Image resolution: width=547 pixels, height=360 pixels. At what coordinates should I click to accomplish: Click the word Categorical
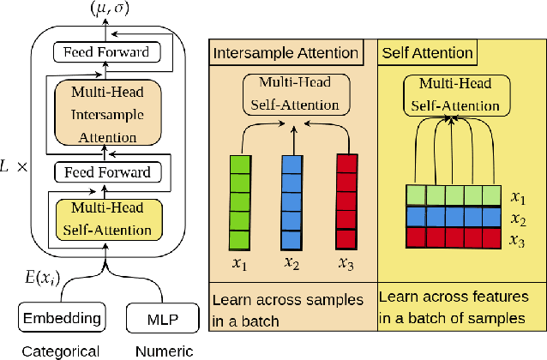[x=60, y=351]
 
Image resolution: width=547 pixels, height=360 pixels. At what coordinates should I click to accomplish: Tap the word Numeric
[x=164, y=351]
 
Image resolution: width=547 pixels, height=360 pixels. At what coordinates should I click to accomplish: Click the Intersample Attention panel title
[x=286, y=53]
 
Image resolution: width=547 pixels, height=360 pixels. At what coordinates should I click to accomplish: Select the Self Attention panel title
[x=426, y=53]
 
